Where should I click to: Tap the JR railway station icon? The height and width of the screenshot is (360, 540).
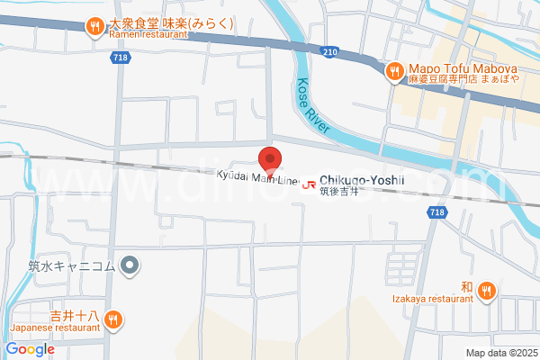click(310, 185)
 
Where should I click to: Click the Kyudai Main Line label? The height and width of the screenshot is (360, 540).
click(256, 176)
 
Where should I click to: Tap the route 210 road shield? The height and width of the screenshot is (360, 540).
click(330, 52)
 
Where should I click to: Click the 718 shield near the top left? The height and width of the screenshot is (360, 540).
click(120, 58)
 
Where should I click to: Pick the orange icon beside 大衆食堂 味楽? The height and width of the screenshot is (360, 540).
click(95, 27)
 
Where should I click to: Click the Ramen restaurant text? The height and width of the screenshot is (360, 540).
click(148, 34)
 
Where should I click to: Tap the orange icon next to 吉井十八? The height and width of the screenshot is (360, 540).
click(113, 319)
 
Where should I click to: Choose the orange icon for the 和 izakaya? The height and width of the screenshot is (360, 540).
click(486, 290)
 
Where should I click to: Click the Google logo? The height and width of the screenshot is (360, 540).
click(31, 349)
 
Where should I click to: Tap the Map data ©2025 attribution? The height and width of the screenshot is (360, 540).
click(500, 353)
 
